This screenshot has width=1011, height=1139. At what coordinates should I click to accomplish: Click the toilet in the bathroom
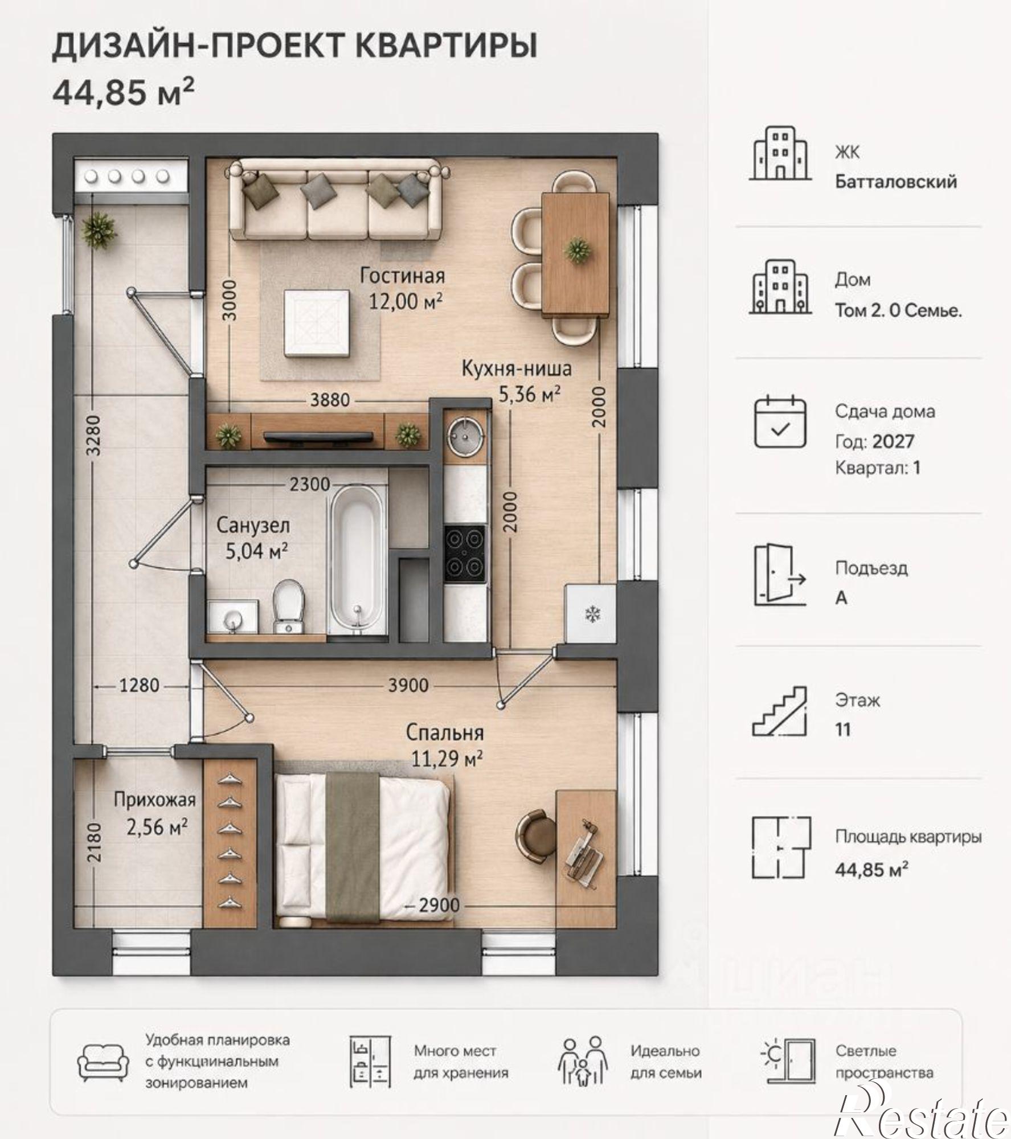[289, 607]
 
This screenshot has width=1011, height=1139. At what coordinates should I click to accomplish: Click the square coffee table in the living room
[317, 322]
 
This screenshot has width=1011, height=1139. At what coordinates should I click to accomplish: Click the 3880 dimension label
[330, 400]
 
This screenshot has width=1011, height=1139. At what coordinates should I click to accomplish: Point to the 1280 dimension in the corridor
[139, 685]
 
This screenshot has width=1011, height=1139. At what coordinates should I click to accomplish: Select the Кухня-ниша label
[516, 368]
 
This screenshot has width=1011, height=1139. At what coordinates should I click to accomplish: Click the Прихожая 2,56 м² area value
[157, 827]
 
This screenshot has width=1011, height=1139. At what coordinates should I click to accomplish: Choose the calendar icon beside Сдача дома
[780, 421]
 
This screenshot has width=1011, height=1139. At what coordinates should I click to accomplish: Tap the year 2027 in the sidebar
[893, 442]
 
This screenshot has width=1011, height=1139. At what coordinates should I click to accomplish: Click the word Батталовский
[896, 182]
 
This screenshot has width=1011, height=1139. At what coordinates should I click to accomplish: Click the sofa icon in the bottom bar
[103, 1063]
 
